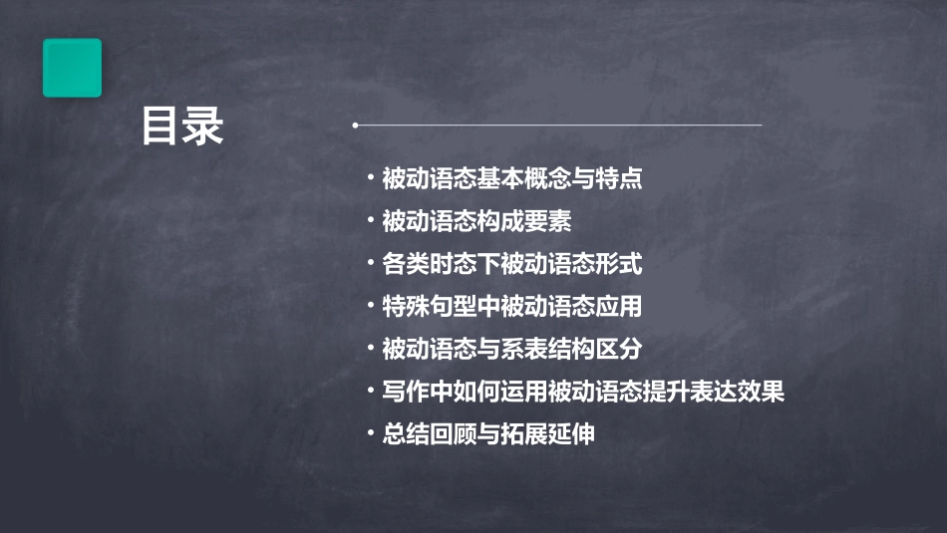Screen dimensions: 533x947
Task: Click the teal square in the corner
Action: (x=72, y=68)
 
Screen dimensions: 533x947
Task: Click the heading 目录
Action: (x=182, y=128)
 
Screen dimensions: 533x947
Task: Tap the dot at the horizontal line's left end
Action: (x=355, y=126)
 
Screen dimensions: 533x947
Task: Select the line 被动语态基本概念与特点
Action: (x=511, y=179)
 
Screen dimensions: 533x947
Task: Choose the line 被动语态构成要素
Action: (x=476, y=221)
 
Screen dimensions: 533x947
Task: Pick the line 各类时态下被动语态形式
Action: (x=511, y=264)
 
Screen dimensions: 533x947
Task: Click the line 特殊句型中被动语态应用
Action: (x=511, y=307)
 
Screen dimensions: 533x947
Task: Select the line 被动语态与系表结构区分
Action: (x=511, y=350)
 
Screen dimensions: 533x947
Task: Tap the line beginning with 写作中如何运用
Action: (x=583, y=393)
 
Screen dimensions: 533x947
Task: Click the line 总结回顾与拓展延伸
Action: (x=488, y=434)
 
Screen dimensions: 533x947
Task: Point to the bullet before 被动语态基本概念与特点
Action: (x=370, y=179)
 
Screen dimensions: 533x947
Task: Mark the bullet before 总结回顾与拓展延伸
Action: (x=370, y=434)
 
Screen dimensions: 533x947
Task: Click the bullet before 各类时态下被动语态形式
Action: (x=370, y=264)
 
